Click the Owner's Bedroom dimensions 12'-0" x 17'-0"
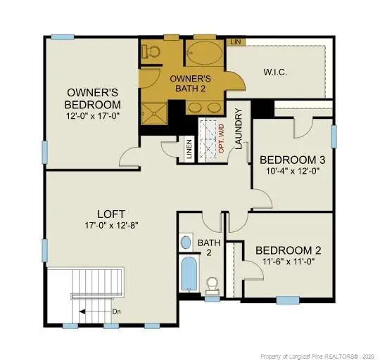click(93, 116)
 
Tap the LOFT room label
click(111, 214)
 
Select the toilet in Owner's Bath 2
click(151, 51)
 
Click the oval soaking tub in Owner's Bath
click(205, 53)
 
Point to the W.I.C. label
click(275, 72)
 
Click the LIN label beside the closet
click(236, 42)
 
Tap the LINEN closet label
click(189, 149)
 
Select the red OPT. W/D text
click(222, 139)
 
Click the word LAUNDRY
click(239, 129)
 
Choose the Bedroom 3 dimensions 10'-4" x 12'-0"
click(293, 171)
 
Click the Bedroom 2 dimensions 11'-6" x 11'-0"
click(289, 262)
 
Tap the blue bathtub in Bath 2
click(189, 274)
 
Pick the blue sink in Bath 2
click(186, 243)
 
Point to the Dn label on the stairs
click(117, 311)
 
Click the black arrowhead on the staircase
click(82, 311)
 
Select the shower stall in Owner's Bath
click(154, 113)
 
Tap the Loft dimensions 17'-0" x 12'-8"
click(111, 226)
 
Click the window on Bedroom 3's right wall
click(334, 136)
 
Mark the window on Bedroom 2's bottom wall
click(288, 300)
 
